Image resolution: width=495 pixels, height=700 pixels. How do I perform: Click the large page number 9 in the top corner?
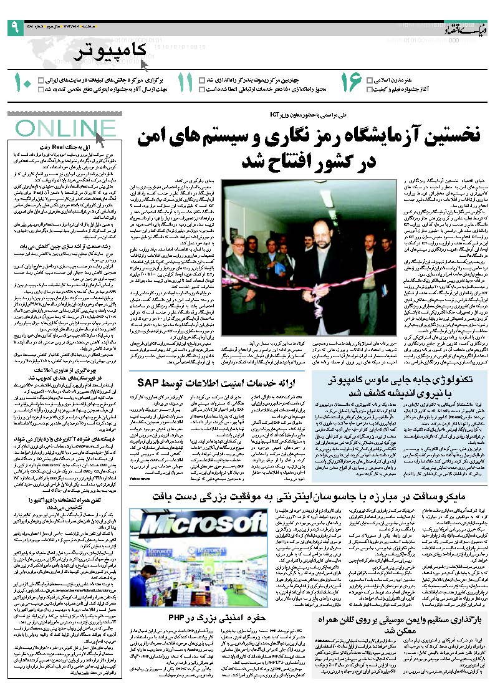point(14,27)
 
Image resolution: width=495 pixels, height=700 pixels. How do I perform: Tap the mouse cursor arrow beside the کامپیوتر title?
point(143,63)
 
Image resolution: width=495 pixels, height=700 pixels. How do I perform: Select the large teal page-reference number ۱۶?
point(351,84)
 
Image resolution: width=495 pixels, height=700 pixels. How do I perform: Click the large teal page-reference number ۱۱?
point(186,84)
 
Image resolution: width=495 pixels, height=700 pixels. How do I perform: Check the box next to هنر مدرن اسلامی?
point(370,80)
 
